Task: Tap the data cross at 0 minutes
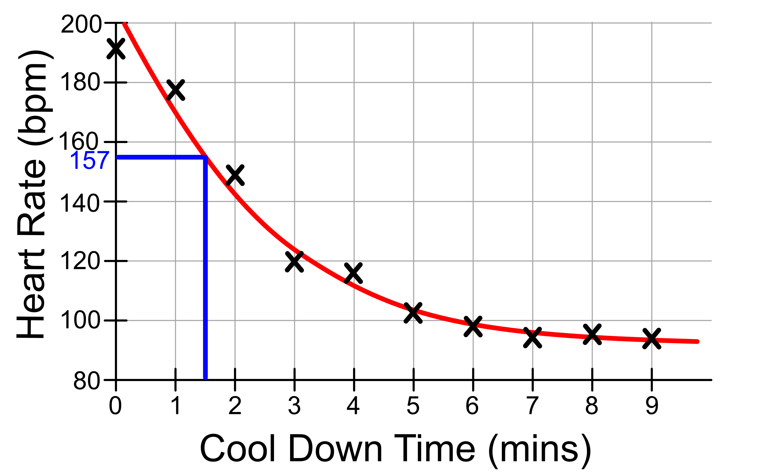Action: click(x=116, y=49)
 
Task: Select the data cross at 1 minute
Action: click(x=175, y=90)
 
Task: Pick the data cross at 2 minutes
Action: click(x=235, y=175)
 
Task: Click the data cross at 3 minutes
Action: click(x=294, y=262)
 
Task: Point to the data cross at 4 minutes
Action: click(x=353, y=273)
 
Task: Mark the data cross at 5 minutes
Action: click(x=413, y=313)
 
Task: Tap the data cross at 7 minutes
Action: click(x=532, y=337)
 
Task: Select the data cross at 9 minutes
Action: click(x=652, y=339)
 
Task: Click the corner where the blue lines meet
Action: click(x=205, y=157)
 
